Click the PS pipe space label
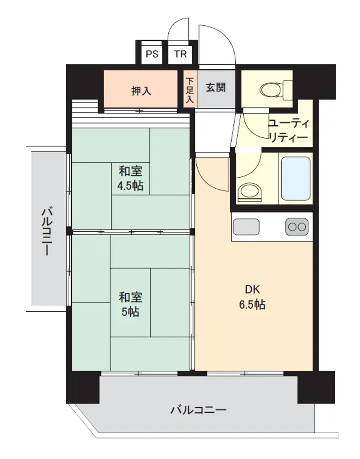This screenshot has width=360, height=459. (152, 54)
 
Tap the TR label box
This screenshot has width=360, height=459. (180, 54)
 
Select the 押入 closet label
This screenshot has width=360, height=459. (141, 91)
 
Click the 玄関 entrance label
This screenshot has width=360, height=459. (216, 87)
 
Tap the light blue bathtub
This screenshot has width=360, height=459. (295, 179)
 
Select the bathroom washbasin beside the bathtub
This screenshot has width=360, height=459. (249, 192)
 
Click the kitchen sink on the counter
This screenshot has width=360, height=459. (246, 226)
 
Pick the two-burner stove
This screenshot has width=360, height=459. (297, 226)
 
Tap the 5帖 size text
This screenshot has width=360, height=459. (130, 312)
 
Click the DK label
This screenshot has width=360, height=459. (252, 290)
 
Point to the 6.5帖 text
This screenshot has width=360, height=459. (252, 305)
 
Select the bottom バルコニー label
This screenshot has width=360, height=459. (199, 409)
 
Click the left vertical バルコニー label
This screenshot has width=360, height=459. (47, 231)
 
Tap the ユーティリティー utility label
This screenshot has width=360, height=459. (288, 130)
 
